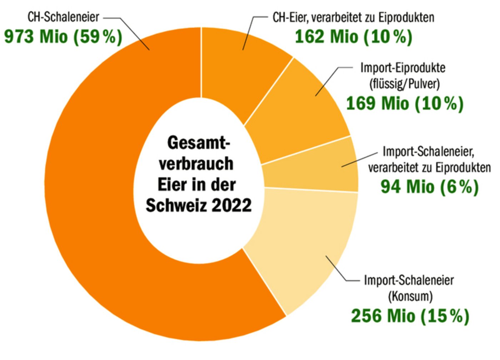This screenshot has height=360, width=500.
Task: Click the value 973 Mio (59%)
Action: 63,36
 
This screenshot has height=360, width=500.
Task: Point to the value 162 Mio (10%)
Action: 354,36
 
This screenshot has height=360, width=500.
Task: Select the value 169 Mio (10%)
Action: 405,104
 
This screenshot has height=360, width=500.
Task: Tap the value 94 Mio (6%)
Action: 429,187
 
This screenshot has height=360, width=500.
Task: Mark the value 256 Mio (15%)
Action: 410,316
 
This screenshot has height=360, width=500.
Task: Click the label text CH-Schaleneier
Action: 63,17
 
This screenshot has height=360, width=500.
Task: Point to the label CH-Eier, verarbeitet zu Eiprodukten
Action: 354,17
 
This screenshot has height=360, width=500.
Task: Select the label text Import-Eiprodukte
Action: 403,67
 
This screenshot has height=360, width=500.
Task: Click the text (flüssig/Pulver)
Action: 404,84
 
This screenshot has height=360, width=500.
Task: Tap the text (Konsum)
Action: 410,296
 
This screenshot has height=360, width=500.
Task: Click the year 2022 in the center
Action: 232,205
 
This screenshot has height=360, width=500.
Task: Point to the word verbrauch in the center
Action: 196,164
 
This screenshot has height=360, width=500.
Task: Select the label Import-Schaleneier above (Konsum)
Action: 409,280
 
